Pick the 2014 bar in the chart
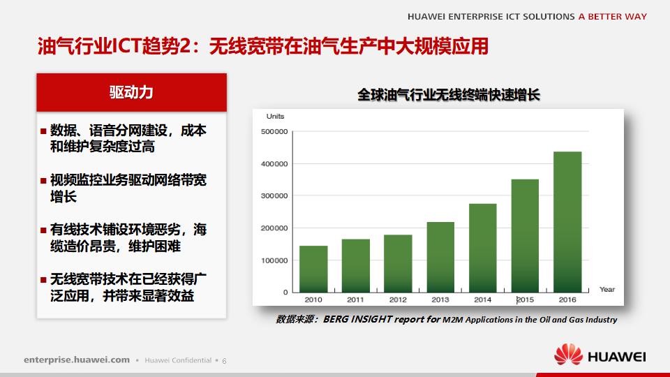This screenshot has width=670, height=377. click(483, 248)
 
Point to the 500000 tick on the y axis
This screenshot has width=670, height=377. click(274, 131)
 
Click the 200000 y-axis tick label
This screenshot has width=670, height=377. click(274, 228)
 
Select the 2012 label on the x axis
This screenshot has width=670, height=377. click(398, 300)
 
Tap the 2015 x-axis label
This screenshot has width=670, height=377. click(525, 300)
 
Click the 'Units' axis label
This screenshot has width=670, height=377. click(275, 116)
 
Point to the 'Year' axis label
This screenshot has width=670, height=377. click(607, 289)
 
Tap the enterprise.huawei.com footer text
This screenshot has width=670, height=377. click(77, 360)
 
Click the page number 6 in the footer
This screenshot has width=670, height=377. click(224, 360)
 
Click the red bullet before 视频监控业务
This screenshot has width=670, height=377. click(43, 181)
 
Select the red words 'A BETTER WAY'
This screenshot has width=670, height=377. click(612, 16)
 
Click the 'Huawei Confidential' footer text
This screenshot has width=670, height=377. click(178, 360)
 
